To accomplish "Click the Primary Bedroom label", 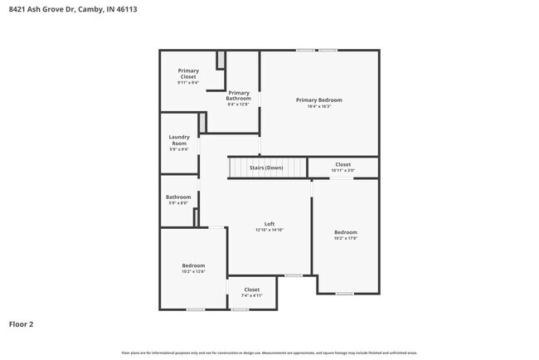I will [318, 100].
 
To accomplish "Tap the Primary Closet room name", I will [188, 74].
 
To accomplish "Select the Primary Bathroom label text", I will [238, 95].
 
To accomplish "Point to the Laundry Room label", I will [179, 140].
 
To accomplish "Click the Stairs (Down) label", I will [266, 168].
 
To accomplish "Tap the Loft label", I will [269, 223].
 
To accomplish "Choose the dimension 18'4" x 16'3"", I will [319, 106].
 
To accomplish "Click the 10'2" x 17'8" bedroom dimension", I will [346, 238].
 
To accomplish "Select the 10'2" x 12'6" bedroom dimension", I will [193, 271].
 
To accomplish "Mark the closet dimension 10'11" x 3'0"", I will [343, 170].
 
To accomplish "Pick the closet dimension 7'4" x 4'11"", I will [251, 295].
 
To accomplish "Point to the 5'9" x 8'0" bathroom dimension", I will [178, 202].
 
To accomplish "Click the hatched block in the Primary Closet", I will [221, 61].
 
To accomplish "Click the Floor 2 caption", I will [21, 324].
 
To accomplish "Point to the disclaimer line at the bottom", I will [269, 353].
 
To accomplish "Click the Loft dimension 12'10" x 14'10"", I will [269, 230].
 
